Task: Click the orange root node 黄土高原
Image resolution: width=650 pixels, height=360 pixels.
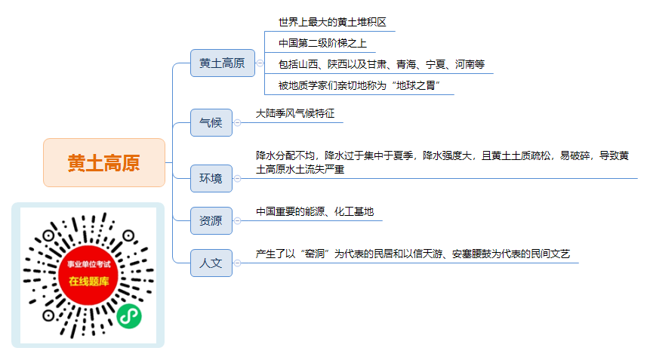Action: point(104,163)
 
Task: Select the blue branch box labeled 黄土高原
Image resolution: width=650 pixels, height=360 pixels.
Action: point(223,63)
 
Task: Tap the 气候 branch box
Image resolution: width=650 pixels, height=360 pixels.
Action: point(211,122)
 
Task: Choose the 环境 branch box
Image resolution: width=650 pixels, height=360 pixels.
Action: point(211,179)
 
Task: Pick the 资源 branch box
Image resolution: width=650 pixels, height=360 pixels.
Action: point(211,221)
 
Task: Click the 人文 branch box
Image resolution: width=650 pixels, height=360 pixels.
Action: point(211,263)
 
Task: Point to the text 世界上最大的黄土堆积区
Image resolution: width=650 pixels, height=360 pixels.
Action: point(332,22)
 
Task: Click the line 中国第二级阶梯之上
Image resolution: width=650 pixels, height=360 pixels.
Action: point(322,43)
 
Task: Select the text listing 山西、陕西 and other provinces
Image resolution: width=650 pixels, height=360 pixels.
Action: point(381,64)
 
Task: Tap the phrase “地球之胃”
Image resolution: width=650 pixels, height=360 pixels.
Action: point(416,86)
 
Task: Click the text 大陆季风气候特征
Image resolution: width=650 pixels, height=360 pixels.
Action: point(295,113)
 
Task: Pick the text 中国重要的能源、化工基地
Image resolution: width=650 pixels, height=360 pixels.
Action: point(315,211)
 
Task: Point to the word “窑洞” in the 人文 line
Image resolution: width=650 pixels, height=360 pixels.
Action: point(315,254)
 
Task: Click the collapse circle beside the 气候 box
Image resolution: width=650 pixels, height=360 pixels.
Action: point(238,122)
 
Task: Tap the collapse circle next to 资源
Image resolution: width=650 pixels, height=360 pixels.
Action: point(238,221)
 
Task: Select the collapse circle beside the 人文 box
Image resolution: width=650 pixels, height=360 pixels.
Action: point(238,263)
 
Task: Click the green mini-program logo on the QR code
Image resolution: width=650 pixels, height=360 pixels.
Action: point(129,316)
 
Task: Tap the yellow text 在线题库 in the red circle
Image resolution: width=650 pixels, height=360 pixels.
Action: point(89,282)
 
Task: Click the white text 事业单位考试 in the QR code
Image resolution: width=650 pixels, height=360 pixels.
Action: point(89,264)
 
